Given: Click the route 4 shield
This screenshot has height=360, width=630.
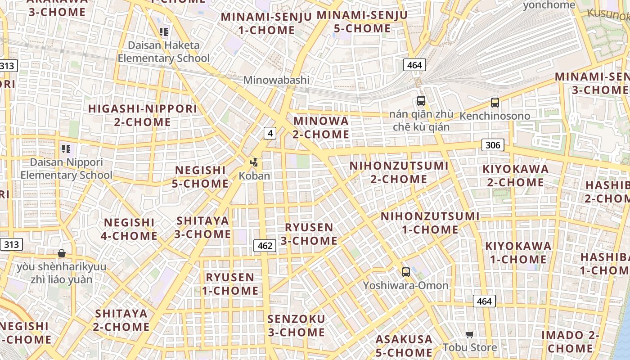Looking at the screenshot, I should tap(270, 133).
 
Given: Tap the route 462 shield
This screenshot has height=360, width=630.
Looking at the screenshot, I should tap(265, 245).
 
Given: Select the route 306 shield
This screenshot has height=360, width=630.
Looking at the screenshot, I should tap(493, 145).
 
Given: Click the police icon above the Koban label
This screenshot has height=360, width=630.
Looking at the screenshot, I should tap(254, 162).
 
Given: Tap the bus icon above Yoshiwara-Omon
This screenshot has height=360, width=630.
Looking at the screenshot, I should tap(405, 272).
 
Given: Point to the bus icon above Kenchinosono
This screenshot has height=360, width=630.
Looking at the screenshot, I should tap(495, 102).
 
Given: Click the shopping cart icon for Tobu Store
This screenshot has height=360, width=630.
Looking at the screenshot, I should tap(470, 334).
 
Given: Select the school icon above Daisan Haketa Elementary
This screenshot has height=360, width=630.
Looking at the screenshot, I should tap(164, 31).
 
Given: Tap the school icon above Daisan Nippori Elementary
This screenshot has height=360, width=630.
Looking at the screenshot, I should tap(66, 148).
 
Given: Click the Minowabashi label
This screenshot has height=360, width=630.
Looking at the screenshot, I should tap(276, 80).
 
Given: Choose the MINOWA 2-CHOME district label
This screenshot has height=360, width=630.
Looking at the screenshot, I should tap(321, 127).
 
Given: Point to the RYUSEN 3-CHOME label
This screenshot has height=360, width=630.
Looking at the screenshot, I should tap(309, 234).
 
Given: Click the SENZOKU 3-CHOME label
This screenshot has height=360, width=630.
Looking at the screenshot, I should tap(296, 326).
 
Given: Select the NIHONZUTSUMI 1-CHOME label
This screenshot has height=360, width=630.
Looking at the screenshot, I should tap(430, 223).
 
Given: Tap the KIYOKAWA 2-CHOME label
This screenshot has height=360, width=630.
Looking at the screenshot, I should tap(516, 176).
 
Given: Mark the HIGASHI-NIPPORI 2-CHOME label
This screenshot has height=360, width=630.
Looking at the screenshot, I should tap(143, 115).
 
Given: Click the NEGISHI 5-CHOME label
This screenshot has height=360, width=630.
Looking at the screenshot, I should tap(200, 177).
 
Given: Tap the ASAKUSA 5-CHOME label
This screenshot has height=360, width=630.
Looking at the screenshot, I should tap(404, 346).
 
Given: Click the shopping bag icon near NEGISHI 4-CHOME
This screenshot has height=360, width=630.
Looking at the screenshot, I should tap(62, 253).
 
